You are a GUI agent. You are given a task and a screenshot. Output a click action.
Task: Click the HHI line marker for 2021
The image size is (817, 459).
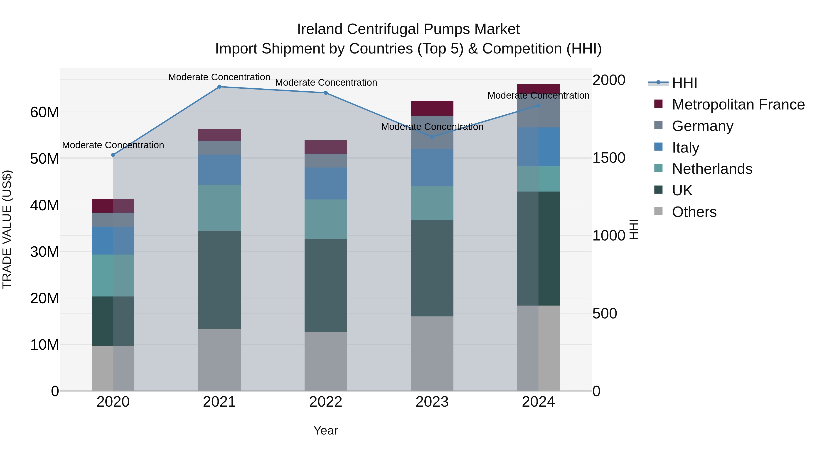pyautogui.click(x=219, y=87)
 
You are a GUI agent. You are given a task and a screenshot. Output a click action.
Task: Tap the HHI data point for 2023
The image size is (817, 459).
pyautogui.click(x=432, y=137)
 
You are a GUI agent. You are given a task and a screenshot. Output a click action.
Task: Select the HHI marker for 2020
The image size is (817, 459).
pyautogui.click(x=113, y=155)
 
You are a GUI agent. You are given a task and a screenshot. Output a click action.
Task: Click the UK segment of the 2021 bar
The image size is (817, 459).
pyautogui.click(x=219, y=280)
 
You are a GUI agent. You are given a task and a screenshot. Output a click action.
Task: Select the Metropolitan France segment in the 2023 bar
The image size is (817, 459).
pyautogui.click(x=432, y=108)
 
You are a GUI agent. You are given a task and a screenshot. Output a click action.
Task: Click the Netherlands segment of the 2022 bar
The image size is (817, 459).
pyautogui.click(x=326, y=219)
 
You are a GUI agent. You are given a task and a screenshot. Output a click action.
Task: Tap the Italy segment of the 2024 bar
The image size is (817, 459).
pyautogui.click(x=538, y=147)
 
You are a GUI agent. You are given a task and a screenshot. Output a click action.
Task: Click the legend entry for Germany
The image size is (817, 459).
pyautogui.click(x=702, y=126)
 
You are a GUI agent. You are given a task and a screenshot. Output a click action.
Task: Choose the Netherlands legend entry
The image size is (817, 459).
pyautogui.click(x=712, y=169)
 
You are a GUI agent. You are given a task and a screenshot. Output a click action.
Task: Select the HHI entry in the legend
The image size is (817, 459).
pyautogui.click(x=684, y=83)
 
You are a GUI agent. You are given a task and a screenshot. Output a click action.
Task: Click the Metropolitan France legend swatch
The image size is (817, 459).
pyautogui.click(x=658, y=104)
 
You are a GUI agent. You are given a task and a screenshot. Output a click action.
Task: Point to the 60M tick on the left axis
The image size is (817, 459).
pyautogui.click(x=44, y=112)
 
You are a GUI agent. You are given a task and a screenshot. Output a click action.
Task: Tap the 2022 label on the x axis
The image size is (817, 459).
pyautogui.click(x=326, y=402)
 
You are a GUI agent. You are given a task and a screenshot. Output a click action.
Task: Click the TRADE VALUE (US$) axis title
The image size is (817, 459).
pyautogui.click(x=7, y=229)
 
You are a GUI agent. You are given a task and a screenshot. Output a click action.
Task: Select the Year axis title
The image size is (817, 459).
pyautogui.click(x=326, y=430)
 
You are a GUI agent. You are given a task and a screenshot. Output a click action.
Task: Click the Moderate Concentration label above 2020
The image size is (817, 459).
pyautogui.click(x=113, y=145)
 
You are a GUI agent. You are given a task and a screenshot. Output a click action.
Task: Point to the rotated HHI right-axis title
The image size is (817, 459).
pyautogui.click(x=633, y=229)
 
